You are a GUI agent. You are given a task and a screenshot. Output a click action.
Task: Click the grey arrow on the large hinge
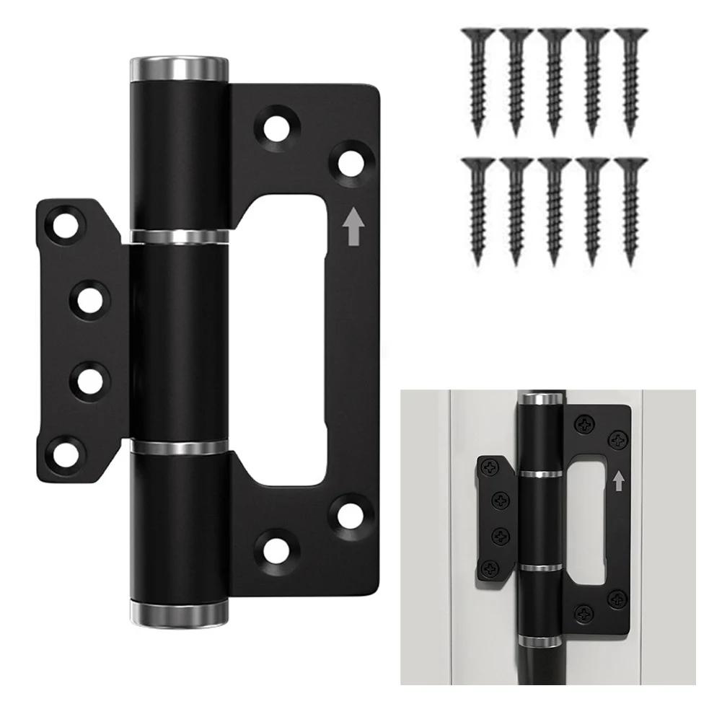(353, 229)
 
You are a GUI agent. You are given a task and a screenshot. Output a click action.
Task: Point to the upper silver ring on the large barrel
(180, 235)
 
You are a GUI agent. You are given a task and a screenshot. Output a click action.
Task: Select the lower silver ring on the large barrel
(180, 447)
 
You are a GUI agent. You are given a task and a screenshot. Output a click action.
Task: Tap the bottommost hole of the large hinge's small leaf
(62, 454)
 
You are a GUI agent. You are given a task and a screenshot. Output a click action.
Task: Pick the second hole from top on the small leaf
(90, 300)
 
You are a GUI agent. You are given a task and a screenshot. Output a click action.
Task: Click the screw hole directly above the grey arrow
(350, 160)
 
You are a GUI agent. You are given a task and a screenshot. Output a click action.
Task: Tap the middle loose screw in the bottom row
(554, 209)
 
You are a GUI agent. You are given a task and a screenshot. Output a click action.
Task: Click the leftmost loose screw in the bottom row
(477, 209)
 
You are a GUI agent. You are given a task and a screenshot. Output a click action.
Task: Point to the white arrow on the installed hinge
(618, 481)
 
